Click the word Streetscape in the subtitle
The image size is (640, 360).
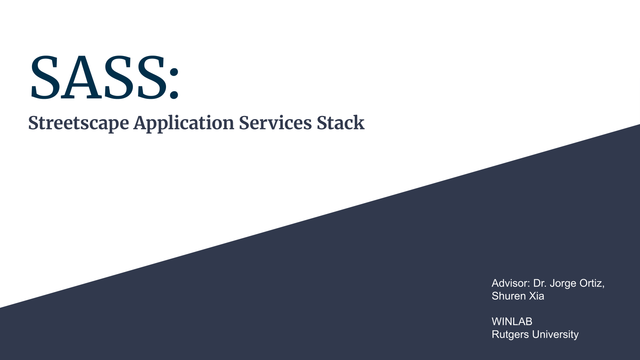(78, 124)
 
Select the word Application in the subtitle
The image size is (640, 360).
(184, 124)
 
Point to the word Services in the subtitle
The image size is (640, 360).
(275, 123)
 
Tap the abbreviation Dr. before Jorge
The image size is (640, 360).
(540, 283)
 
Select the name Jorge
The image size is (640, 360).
(562, 284)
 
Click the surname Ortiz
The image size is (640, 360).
(592, 284)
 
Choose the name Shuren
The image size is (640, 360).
(508, 296)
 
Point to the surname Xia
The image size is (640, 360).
(536, 296)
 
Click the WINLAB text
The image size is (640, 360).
(512, 322)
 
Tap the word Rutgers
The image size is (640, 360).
(510, 335)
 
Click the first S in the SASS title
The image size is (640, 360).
(45, 77)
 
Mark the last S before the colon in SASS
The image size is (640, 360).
(152, 77)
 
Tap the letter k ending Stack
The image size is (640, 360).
(358, 122)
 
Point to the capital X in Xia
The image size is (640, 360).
(533, 296)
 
